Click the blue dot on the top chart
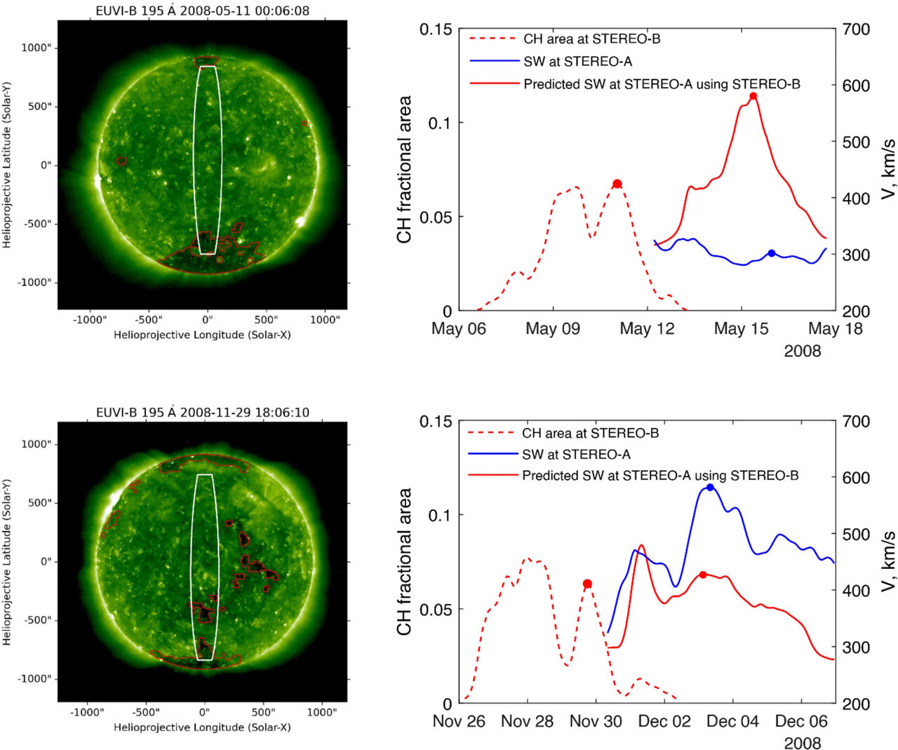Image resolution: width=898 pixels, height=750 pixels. pyautogui.click(x=772, y=253)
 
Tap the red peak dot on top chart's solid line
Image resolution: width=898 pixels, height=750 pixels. pyautogui.click(x=753, y=96)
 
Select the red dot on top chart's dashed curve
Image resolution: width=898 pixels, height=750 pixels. pyautogui.click(x=617, y=184)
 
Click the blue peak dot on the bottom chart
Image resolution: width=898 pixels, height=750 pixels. pyautogui.click(x=710, y=487)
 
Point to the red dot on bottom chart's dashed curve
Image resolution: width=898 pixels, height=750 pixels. pyautogui.click(x=588, y=584)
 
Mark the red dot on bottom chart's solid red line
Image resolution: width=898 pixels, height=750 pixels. pyautogui.click(x=703, y=575)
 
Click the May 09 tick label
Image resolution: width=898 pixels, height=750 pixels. pyautogui.click(x=553, y=328)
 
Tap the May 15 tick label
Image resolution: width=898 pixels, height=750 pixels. pyautogui.click(x=741, y=328)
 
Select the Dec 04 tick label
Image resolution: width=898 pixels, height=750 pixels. pyautogui.click(x=732, y=721)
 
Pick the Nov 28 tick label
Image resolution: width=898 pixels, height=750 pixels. pyautogui.click(x=527, y=721)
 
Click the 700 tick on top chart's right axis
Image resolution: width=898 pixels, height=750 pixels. pyautogui.click(x=856, y=29)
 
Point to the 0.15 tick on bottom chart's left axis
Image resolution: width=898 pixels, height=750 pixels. pyautogui.click(x=436, y=422)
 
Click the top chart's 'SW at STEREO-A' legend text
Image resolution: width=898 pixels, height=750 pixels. pyautogui.click(x=577, y=62)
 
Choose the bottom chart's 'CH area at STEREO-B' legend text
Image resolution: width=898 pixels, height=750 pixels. pyautogui.click(x=590, y=434)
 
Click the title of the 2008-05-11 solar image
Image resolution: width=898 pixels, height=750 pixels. pyautogui.click(x=203, y=11)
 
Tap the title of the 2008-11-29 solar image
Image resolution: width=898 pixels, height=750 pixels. pyautogui.click(x=203, y=412)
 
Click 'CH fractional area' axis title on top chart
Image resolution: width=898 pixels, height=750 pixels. pyautogui.click(x=404, y=170)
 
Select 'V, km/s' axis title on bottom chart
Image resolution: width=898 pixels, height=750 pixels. pyautogui.click(x=888, y=561)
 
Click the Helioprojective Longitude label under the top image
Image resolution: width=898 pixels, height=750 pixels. pyautogui.click(x=202, y=335)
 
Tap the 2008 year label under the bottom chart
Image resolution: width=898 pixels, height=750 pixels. pyautogui.click(x=802, y=743)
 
